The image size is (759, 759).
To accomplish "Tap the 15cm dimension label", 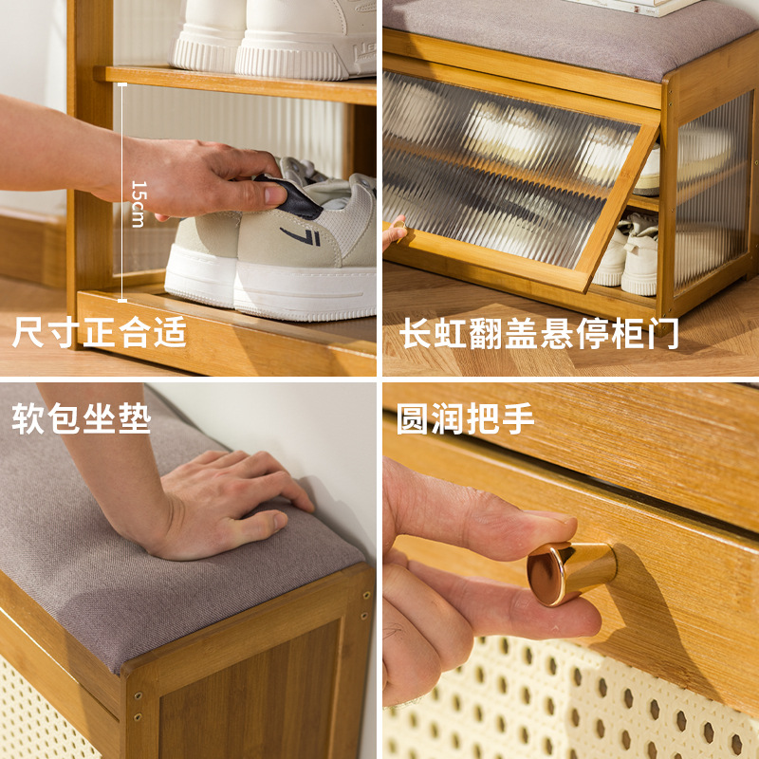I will [138, 203].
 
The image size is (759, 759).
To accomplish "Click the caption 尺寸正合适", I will [100, 333].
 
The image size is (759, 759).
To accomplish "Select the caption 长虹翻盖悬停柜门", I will [539, 334].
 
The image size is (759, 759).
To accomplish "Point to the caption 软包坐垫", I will [82, 420].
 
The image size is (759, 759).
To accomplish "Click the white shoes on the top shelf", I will [275, 38].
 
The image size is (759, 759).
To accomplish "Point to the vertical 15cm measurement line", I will [122, 180].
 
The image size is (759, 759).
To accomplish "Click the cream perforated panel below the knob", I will [569, 702].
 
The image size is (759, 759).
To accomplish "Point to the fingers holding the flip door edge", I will [395, 231].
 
